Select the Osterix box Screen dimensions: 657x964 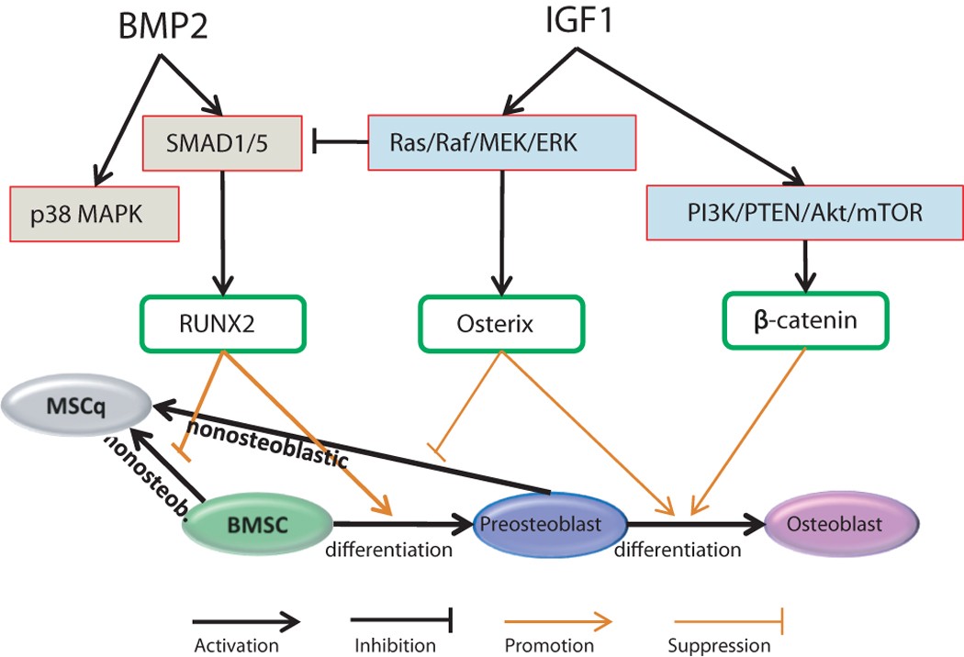coord(500,323)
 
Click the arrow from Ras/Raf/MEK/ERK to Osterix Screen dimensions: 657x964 coord(501,229)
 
